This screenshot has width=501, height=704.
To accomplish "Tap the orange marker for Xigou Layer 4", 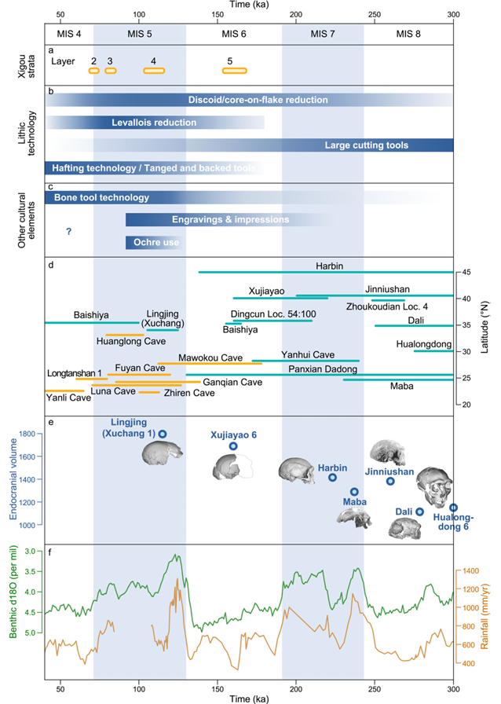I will tap(154, 71).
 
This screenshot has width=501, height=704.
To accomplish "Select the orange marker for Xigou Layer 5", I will tap(234, 71).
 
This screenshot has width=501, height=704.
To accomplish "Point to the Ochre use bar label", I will tap(155, 243).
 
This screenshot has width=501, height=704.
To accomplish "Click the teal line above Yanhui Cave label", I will tap(305, 361).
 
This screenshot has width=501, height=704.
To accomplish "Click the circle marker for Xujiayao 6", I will tap(233, 446).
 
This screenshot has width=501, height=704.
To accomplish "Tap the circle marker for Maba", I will tap(354, 491).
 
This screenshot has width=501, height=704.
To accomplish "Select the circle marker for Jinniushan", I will tap(390, 481).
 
